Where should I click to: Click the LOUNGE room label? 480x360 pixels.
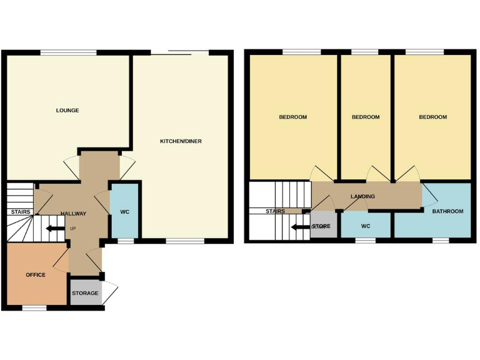[67, 111]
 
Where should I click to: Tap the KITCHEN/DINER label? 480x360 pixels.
[181, 141]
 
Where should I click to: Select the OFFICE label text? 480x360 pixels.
[36, 275]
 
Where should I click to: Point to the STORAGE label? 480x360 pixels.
[85, 293]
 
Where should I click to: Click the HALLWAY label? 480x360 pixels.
[73, 214]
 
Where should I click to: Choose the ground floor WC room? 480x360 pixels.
[125, 212]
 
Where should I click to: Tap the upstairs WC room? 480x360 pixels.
[366, 226]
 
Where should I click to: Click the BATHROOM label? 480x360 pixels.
[448, 211]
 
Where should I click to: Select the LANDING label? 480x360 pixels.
[362, 196]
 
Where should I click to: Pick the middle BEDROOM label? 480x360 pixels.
[366, 117]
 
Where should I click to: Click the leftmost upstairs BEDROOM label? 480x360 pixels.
[292, 117]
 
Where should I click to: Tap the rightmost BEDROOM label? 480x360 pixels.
[433, 117]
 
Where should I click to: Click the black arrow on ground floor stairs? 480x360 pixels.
[54, 228]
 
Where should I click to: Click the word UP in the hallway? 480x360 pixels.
[73, 228]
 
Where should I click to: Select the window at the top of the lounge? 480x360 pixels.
[69, 52]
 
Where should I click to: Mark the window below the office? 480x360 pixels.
[34, 307]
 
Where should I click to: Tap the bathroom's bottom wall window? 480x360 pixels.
[441, 240]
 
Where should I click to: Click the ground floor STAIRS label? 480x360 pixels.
[20, 212]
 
